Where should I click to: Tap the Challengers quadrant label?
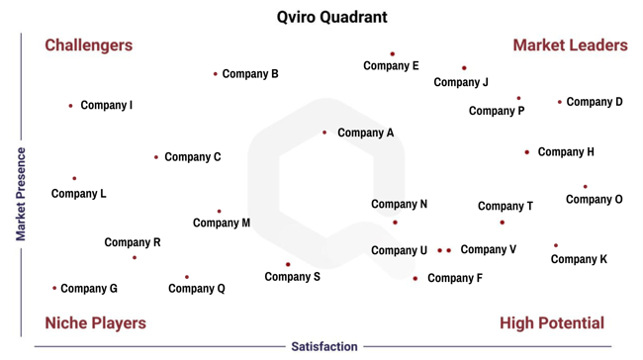point(89,45)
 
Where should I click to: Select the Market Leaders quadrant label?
point(570,45)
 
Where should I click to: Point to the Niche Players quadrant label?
point(95,323)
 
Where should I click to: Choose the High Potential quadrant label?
point(552,323)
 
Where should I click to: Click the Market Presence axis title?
point(20,195)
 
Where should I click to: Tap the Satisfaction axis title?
point(324,347)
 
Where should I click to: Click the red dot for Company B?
point(216,74)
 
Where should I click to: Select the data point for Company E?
point(392,54)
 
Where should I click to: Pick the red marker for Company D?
point(560,102)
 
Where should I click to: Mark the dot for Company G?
point(54,289)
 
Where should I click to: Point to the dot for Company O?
point(585,186)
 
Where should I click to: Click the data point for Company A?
point(324,133)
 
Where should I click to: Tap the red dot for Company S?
point(288,264)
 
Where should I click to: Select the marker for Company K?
point(556,245)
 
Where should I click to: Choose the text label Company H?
point(566,152)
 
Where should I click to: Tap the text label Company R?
point(133,242)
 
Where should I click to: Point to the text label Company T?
point(505,207)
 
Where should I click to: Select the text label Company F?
point(455,279)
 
